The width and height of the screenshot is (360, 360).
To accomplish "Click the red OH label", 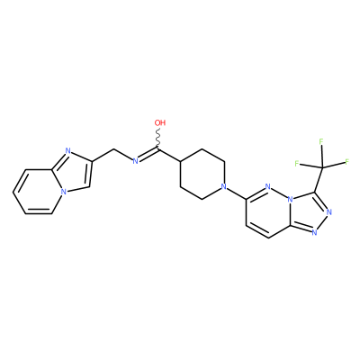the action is coord(160,122).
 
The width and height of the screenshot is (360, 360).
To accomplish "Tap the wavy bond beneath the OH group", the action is coord(158,138).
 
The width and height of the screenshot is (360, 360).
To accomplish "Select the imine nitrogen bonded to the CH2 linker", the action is coord(135,161).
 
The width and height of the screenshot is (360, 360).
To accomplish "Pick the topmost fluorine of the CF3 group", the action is coord(321,141).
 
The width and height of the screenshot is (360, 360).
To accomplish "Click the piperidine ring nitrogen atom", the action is coord(223,186).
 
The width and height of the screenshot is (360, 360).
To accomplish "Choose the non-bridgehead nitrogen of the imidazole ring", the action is coord(67,151).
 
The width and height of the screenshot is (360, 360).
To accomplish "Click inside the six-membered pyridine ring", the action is coord(38,192).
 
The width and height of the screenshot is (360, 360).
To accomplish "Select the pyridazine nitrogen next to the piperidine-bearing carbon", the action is coord(268,186).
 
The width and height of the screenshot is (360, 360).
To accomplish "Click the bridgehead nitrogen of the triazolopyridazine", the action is coord(290,199).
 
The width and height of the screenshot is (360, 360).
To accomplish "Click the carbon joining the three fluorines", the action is coord(322,167).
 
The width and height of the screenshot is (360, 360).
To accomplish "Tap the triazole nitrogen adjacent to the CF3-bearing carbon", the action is coord(329,212).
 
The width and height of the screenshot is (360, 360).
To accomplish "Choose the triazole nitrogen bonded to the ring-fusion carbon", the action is coord(314,232).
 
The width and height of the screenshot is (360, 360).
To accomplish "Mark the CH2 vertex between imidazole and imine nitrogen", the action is coord(114,149).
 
